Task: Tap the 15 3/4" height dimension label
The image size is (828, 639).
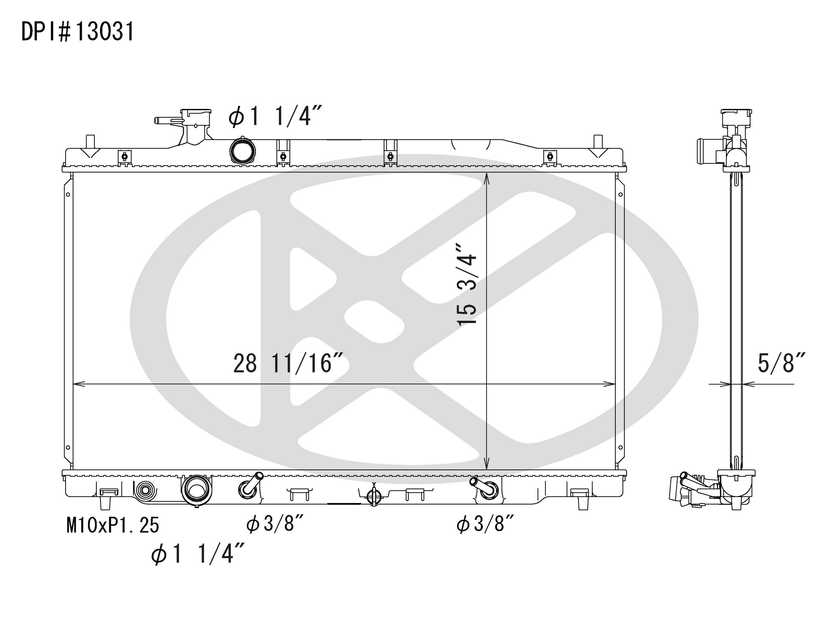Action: coord(467,284)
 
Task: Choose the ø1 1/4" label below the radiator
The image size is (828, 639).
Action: coord(197,555)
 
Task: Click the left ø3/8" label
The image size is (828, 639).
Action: coord(275,525)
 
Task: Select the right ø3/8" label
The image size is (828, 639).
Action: coord(485,525)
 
